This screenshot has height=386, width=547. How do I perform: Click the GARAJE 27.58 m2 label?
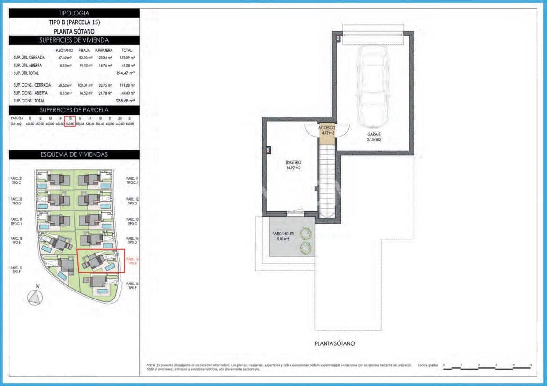click(374, 136)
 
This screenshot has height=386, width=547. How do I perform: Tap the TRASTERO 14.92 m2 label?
click(293, 165)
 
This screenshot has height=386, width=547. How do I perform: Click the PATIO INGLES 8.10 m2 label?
click(283, 236)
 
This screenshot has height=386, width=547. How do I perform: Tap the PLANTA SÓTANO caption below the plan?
click(334, 343)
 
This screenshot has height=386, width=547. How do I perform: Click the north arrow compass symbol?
click(35, 297)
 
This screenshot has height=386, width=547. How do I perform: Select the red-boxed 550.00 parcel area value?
click(70, 124)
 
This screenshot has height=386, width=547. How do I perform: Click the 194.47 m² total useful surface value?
click(126, 73)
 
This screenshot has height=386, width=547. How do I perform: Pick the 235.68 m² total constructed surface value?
click(126, 101)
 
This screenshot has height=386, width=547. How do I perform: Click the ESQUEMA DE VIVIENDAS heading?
click(74, 154)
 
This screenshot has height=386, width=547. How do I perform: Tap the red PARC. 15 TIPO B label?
click(133, 261)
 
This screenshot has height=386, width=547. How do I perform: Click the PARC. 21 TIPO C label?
click(17, 181)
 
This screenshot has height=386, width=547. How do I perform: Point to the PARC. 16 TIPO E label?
click(133, 286)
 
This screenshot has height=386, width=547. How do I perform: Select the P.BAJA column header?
click(84, 50)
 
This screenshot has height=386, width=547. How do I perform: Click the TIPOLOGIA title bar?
click(74, 13)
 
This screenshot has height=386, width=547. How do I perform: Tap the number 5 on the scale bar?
click(531, 364)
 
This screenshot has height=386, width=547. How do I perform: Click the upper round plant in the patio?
click(305, 233)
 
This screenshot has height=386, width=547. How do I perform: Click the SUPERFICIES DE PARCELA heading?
click(74, 110)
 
